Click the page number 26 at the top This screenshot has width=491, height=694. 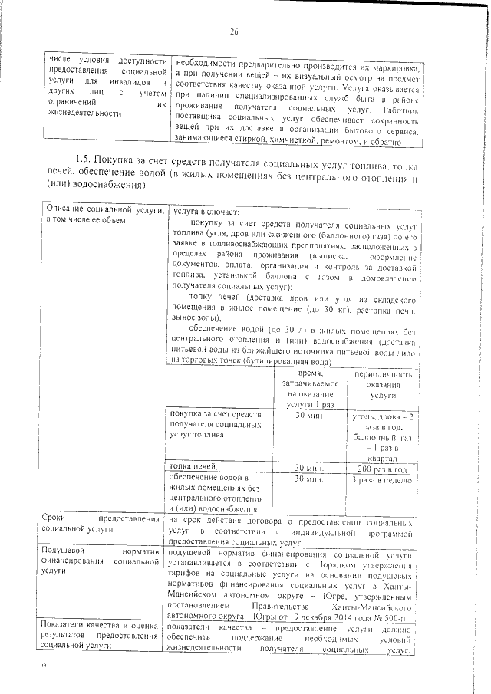point(234,31)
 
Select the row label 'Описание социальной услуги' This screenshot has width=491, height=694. point(103,215)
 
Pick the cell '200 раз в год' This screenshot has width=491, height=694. point(381,468)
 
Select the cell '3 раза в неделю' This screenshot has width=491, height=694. point(381,480)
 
